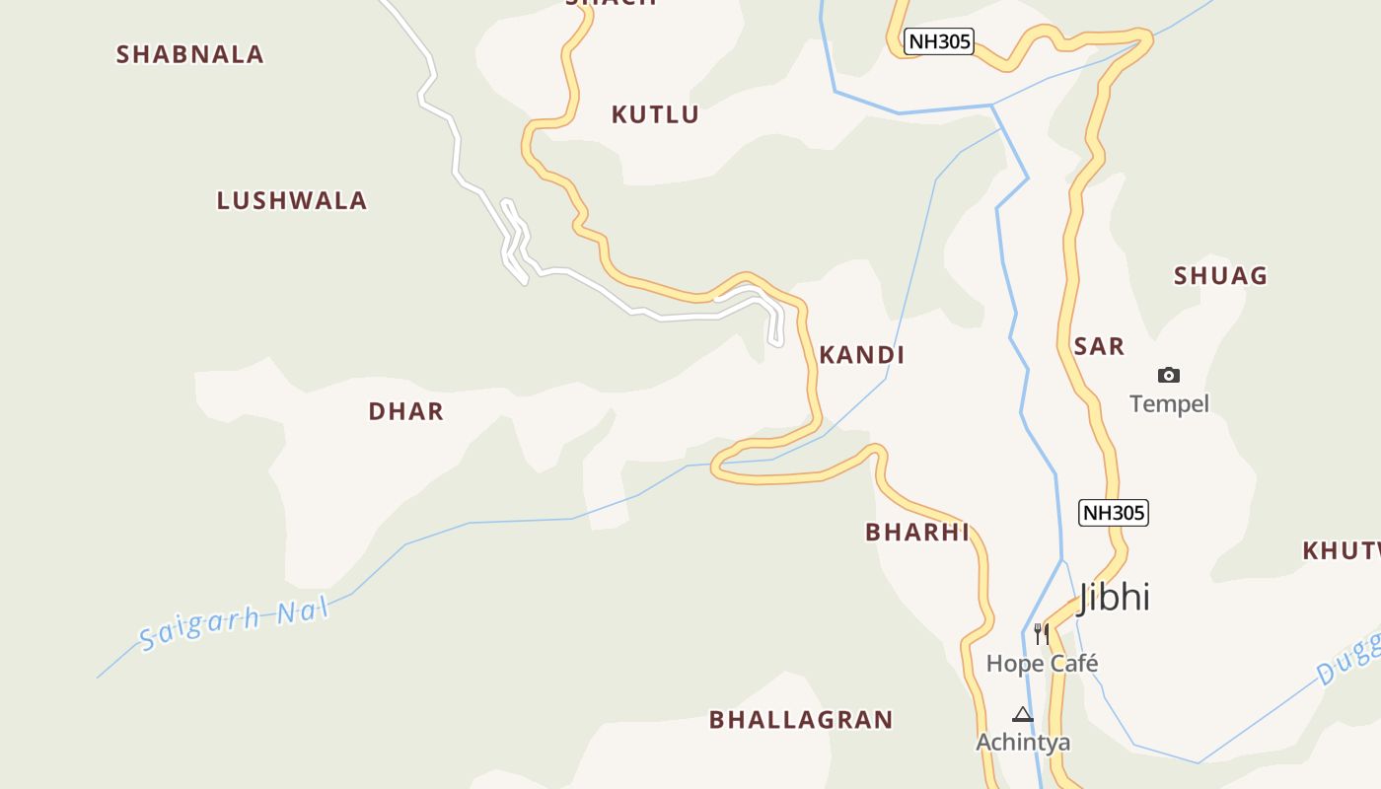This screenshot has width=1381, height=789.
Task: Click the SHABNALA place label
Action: (x=190, y=54)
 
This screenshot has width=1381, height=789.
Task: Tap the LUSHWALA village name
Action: (x=292, y=200)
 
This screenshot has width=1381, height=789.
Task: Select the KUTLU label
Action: (x=655, y=114)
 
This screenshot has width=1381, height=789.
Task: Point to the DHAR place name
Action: (x=405, y=411)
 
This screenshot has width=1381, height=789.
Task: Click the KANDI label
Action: (x=861, y=355)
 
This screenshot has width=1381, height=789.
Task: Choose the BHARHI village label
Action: (x=917, y=533)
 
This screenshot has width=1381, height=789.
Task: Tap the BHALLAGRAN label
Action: (x=801, y=720)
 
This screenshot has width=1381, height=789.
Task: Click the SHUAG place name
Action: (x=1220, y=276)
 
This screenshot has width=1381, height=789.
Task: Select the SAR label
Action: (x=1099, y=346)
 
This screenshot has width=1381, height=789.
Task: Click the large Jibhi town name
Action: (x=1115, y=597)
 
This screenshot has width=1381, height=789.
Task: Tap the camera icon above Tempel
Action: (x=1169, y=375)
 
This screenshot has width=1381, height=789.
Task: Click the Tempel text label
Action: (x=1169, y=403)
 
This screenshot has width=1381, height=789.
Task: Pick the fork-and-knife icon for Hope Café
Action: (x=1042, y=633)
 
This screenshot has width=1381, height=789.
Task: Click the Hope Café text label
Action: (x=1042, y=663)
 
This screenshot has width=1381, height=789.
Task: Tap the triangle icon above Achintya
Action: (x=1023, y=714)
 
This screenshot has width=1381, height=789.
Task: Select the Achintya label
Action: (x=1023, y=742)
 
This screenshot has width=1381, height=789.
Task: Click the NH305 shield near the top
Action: (x=939, y=41)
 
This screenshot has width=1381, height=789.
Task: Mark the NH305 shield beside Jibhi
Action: (x=1115, y=513)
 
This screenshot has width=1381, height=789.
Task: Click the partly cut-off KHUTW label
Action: (x=1342, y=550)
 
